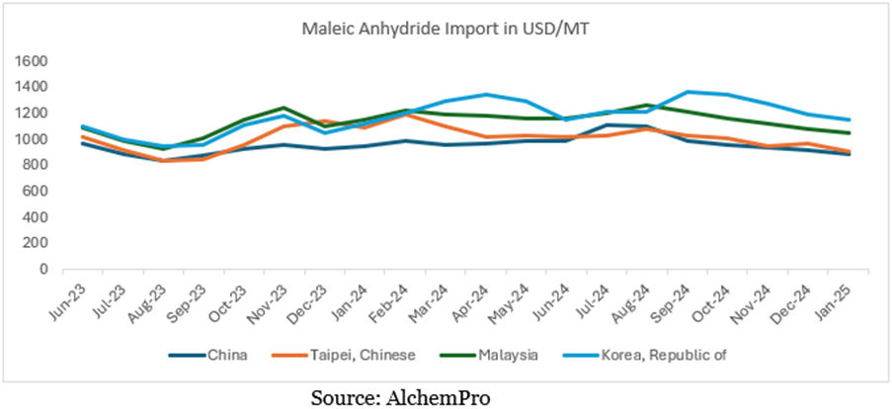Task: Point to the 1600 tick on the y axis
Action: pyautogui.click(x=33, y=61)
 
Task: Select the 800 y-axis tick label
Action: pyautogui.click(x=37, y=165)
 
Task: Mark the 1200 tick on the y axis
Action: pyautogui.click(x=33, y=113)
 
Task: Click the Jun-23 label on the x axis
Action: pyautogui.click(x=64, y=301)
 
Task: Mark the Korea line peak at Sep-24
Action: pyautogui.click(x=688, y=92)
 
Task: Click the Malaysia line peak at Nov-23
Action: pyautogui.click(x=283, y=108)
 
